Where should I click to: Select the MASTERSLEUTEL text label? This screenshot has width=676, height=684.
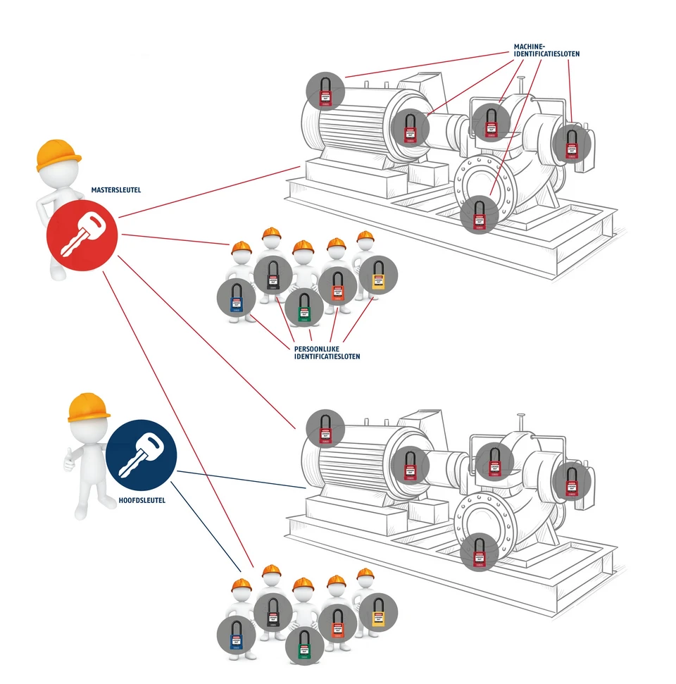(111, 190)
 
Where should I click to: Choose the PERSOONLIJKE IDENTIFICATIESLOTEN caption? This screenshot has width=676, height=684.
(327, 352)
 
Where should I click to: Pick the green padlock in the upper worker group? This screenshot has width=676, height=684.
(303, 306)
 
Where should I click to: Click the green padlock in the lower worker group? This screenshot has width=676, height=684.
(303, 644)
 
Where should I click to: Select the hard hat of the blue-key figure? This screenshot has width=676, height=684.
(89, 407)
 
